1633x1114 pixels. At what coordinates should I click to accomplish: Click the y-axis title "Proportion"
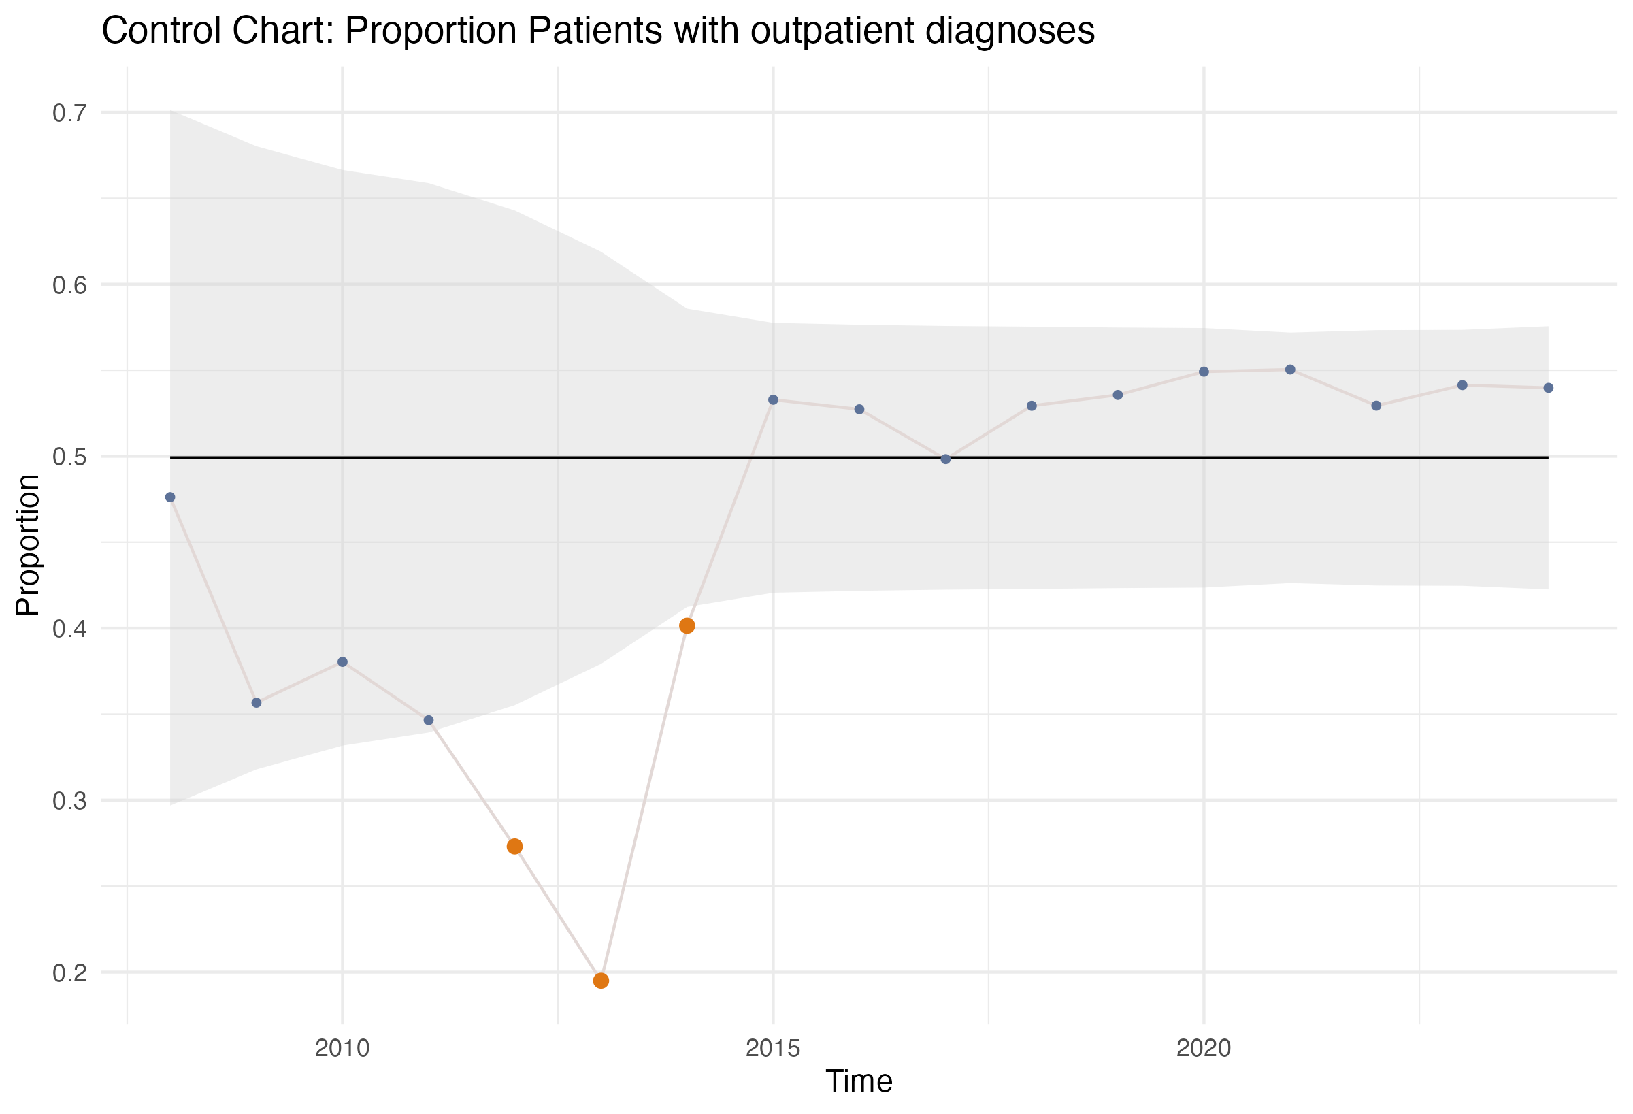click(27, 544)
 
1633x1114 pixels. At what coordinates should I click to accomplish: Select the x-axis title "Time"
click(859, 1081)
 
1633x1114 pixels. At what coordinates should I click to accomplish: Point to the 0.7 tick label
click(69, 112)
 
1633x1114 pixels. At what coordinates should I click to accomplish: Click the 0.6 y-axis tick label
click(69, 284)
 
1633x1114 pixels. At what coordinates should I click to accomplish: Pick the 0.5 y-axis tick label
click(69, 457)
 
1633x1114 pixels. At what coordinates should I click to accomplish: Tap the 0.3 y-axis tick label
click(69, 800)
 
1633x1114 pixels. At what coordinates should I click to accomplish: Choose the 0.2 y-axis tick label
click(69, 972)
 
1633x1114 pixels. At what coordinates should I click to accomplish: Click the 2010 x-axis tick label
click(342, 1048)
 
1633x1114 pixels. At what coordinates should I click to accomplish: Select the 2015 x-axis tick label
click(773, 1048)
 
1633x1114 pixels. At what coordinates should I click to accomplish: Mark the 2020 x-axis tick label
click(1204, 1048)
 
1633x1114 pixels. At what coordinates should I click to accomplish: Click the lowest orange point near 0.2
click(601, 981)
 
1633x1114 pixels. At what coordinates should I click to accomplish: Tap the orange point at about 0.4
click(687, 625)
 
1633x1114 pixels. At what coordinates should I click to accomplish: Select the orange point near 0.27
click(514, 847)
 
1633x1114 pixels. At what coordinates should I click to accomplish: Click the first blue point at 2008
click(170, 497)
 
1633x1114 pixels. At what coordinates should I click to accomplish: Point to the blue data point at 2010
click(342, 662)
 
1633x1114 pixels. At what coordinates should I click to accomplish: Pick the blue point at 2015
click(773, 400)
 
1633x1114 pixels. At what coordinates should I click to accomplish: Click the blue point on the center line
click(945, 459)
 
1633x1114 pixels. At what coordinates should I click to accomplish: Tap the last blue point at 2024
click(1548, 388)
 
